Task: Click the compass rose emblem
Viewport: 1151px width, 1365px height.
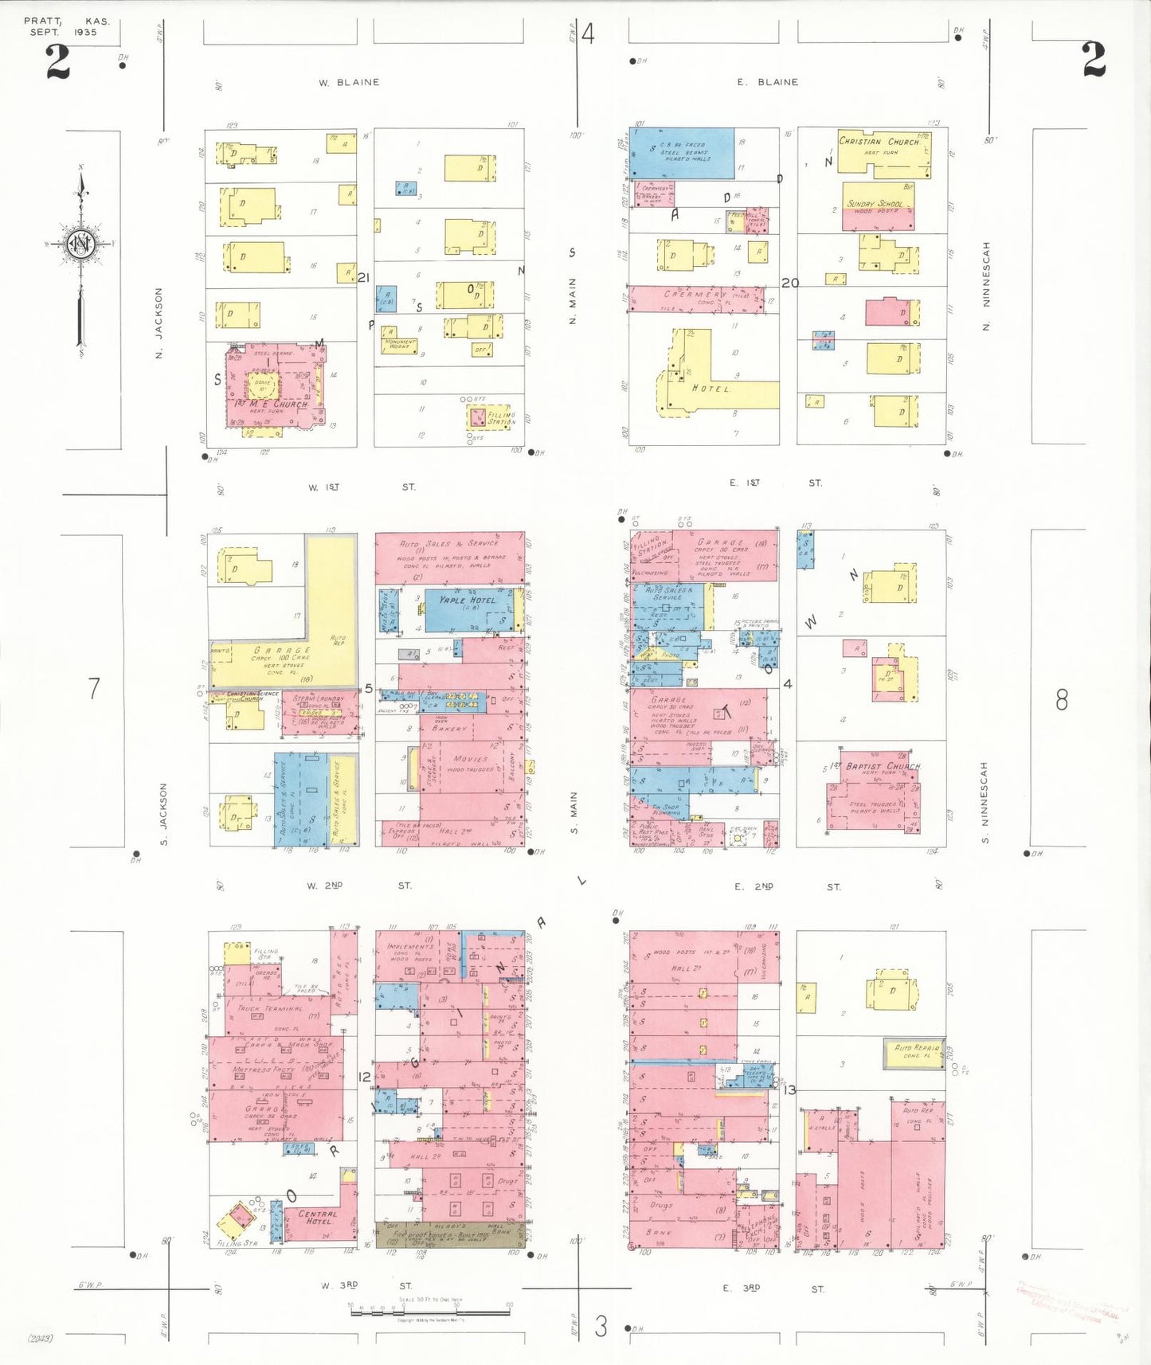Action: click(x=80, y=244)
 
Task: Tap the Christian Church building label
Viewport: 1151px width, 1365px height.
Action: click(x=879, y=142)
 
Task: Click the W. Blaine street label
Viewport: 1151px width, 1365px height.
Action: click(x=349, y=82)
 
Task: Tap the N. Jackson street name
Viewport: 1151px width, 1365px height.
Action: click(x=159, y=323)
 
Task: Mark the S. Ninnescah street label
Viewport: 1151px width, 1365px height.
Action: click(x=985, y=802)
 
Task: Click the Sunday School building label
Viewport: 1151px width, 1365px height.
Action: click(x=875, y=204)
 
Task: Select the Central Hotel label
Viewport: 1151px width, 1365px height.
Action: click(x=318, y=1217)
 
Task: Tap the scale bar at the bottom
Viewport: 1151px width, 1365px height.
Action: click(x=430, y=1309)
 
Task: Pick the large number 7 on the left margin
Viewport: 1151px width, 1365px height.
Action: click(x=94, y=687)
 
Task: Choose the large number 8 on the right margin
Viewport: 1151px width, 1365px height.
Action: click(x=1061, y=699)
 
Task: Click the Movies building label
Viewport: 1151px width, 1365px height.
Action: click(x=470, y=759)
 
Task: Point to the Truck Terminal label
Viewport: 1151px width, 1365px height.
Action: click(x=269, y=1008)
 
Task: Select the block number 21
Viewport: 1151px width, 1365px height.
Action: click(x=364, y=277)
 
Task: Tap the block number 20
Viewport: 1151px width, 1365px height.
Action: click(x=789, y=283)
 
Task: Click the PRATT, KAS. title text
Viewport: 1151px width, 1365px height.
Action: click(x=67, y=22)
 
